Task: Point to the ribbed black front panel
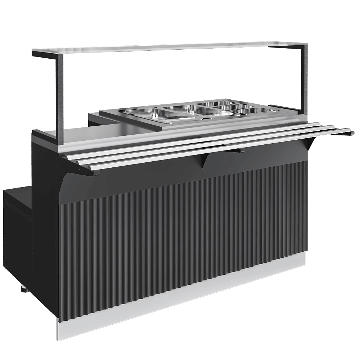point(180,238)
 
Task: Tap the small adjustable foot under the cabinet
point(23,288)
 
